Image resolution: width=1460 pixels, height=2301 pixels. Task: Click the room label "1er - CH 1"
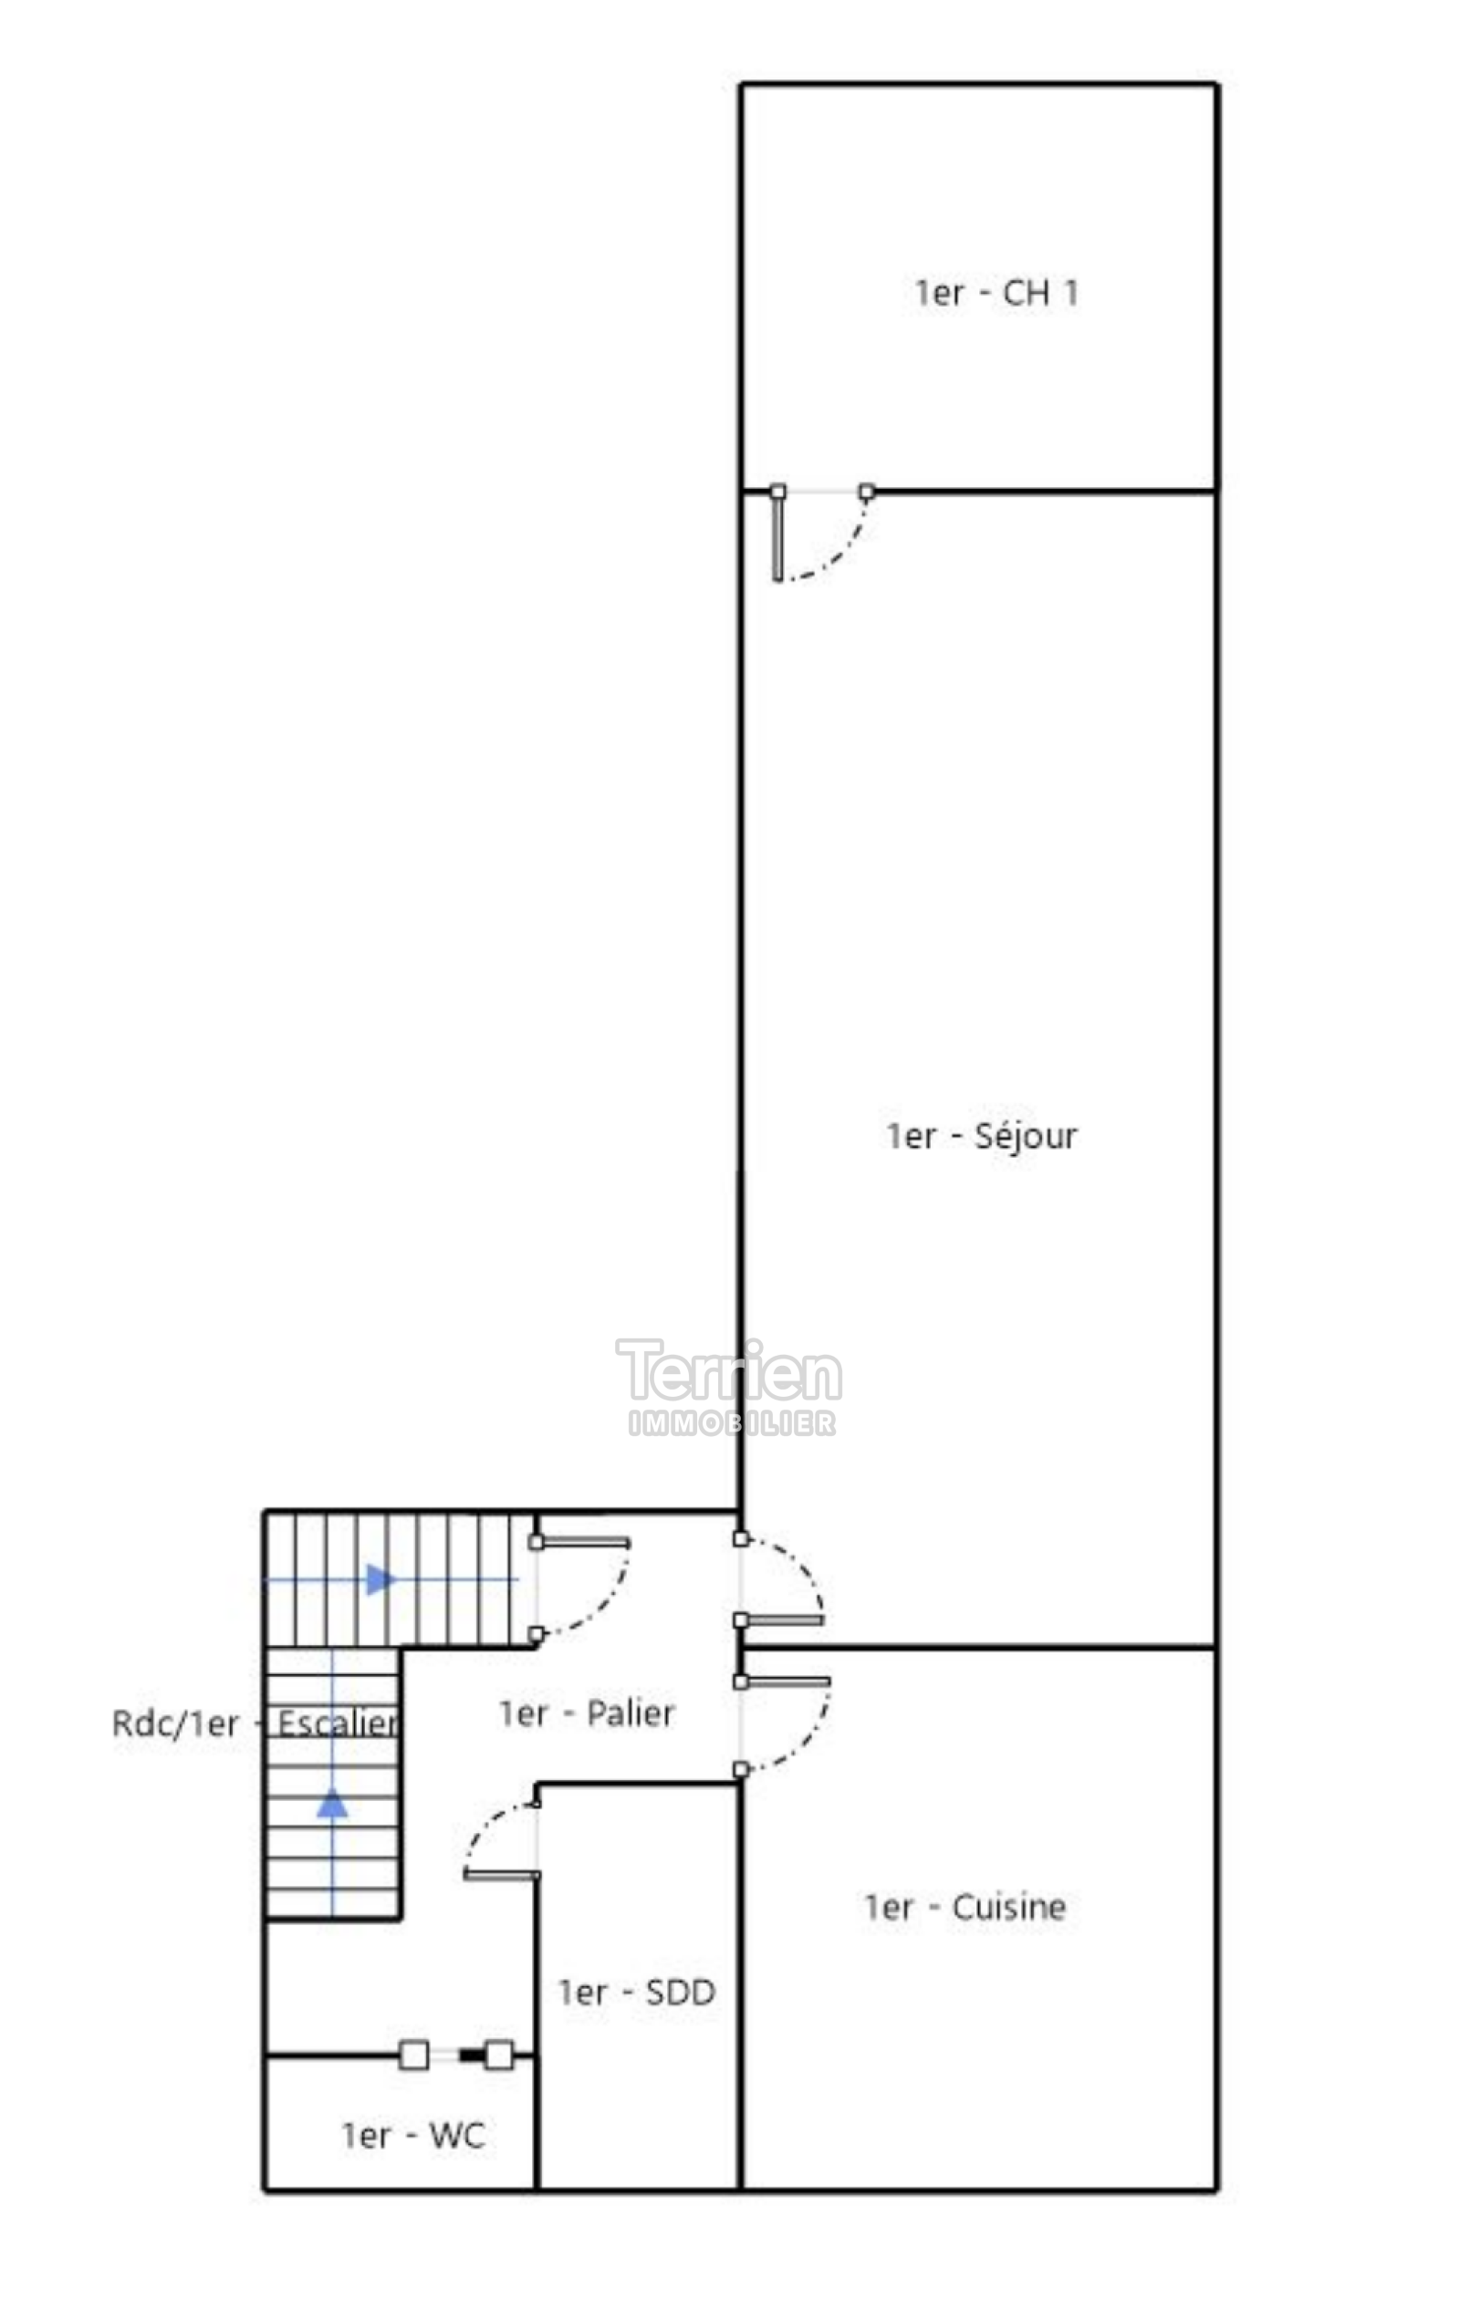pyautogui.click(x=996, y=292)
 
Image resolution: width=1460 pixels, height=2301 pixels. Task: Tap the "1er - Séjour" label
pyautogui.click(x=981, y=1135)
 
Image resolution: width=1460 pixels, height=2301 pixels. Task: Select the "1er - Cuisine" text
pyautogui.click(x=965, y=1906)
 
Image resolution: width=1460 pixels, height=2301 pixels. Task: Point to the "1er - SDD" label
pyautogui.click(x=636, y=1993)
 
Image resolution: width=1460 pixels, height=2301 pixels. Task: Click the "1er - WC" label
pyautogui.click(x=413, y=2135)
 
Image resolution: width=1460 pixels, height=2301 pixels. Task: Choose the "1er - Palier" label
pyautogui.click(x=587, y=1713)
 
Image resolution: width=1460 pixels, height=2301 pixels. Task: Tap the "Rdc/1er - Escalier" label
pyautogui.click(x=255, y=1723)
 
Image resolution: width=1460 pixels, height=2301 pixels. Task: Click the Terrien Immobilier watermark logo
pyautogui.click(x=730, y=1386)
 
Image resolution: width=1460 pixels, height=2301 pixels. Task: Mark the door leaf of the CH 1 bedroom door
pyautogui.click(x=777, y=537)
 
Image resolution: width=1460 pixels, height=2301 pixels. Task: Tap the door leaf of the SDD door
pyautogui.click(x=502, y=1875)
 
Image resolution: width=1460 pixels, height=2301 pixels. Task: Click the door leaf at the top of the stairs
pyautogui.click(x=583, y=1541)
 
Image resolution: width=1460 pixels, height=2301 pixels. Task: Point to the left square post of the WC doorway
pyautogui.click(x=413, y=2055)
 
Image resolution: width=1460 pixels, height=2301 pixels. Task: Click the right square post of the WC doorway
pyautogui.click(x=499, y=2055)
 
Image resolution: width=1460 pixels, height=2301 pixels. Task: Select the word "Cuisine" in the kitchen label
pyautogui.click(x=1009, y=1906)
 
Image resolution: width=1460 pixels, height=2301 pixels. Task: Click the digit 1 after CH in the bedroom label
pyautogui.click(x=1071, y=292)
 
